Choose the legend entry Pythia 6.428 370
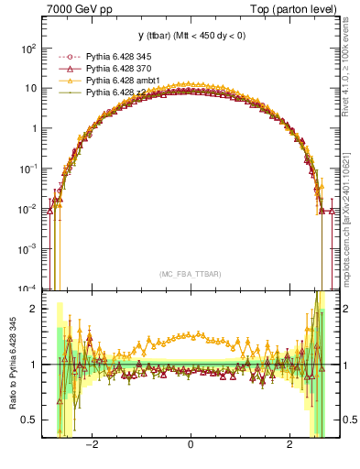coord(112,69)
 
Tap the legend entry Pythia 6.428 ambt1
coord(115,81)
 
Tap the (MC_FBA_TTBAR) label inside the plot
coord(190,274)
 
